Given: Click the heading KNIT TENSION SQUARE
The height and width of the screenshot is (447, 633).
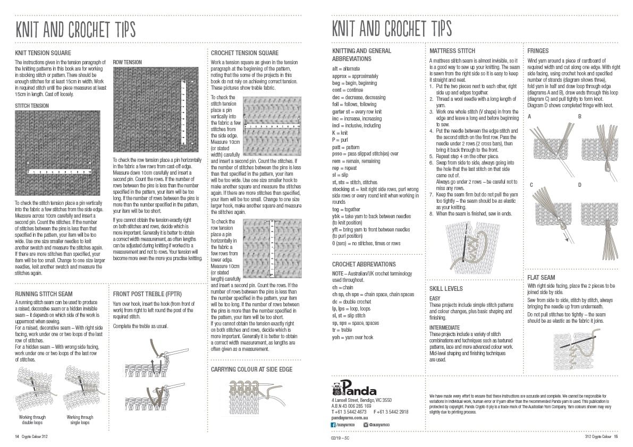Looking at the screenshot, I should tap(43, 53).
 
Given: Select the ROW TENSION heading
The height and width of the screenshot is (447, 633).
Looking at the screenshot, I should tap(127, 62).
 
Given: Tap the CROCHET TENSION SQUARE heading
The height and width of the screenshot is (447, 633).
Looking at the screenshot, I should tap(244, 53).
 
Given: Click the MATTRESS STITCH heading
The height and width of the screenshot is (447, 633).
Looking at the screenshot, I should tap(452, 51).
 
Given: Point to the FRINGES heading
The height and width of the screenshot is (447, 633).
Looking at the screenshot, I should tap(538, 51).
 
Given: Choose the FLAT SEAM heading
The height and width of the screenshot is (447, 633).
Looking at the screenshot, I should tap(541, 277).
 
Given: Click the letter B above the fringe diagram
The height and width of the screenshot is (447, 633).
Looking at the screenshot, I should tap(580, 116).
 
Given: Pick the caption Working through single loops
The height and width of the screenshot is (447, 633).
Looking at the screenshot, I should tap(80, 420).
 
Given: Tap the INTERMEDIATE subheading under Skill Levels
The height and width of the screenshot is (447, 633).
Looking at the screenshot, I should tap(444, 328).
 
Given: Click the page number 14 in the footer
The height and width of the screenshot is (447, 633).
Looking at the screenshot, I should tap(17, 437).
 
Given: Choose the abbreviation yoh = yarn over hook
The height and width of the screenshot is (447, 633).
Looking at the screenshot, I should tap(352, 337).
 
